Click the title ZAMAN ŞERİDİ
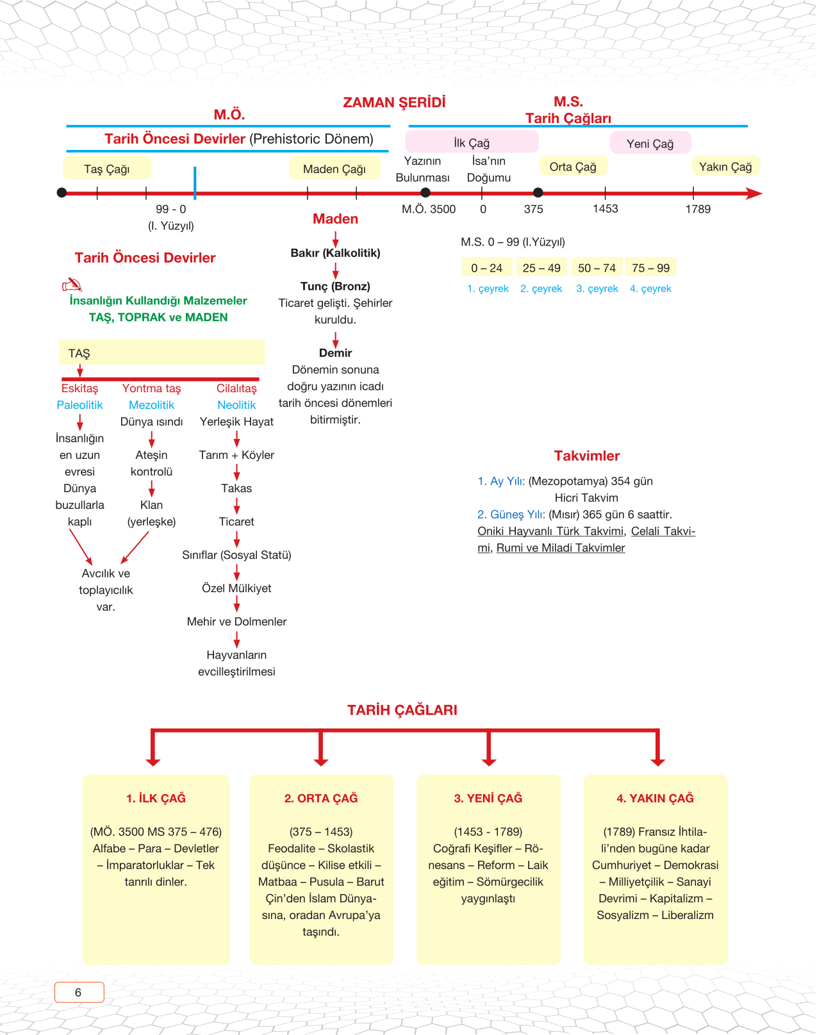point(394,103)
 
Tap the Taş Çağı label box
point(107,169)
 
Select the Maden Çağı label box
point(334,169)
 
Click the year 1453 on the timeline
point(605,208)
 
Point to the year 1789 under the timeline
point(698,209)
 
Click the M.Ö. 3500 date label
point(429,209)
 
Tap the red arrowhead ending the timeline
point(755,194)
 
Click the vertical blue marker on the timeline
point(195,183)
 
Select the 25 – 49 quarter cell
point(541,268)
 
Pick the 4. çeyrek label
point(650,288)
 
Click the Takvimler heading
point(587,456)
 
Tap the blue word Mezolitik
point(151,405)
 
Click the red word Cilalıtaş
point(236,388)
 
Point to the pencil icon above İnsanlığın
point(72,285)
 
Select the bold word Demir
point(335,353)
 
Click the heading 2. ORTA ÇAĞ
point(321,798)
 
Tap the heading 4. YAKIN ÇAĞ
point(655,798)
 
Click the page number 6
point(79,992)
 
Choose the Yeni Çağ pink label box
point(650,144)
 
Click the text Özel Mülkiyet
point(236,588)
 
